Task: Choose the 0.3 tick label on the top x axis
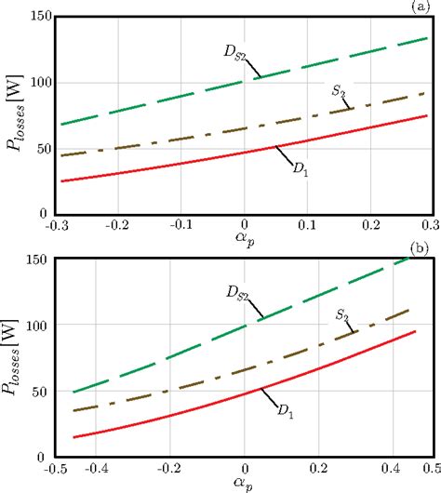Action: point(427,226)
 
